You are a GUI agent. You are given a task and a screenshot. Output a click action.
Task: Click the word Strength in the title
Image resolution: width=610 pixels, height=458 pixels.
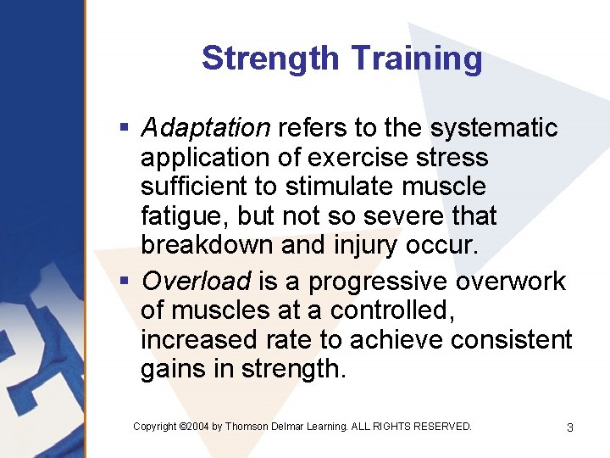[x=272, y=59]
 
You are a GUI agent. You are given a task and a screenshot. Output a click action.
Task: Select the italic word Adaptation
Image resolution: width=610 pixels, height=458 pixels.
[x=205, y=128]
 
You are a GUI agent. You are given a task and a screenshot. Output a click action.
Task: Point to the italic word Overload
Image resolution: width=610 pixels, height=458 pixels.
[x=197, y=281]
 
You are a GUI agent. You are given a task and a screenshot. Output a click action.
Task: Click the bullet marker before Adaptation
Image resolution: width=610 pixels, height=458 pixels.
[x=124, y=128]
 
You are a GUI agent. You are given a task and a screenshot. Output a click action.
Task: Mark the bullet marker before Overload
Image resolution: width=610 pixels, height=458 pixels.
[x=124, y=281]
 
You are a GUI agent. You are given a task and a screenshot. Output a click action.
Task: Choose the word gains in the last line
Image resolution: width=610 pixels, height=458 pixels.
[x=175, y=370]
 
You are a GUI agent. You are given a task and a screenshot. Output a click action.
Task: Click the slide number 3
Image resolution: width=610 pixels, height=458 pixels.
[x=570, y=427]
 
